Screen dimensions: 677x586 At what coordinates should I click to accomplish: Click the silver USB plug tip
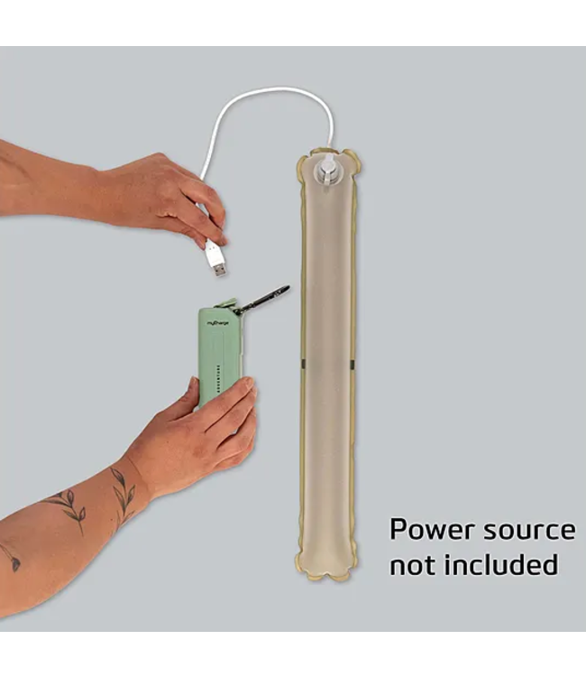pos(217,268)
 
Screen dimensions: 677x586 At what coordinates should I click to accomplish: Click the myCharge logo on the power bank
pos(218,321)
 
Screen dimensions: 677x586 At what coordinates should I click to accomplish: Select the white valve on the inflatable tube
pos(328,171)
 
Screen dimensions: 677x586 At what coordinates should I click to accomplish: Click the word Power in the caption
pos(427,531)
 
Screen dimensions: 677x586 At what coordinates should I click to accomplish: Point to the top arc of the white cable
pos(270,89)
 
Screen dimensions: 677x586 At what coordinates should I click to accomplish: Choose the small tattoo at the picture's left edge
pos(11,556)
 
